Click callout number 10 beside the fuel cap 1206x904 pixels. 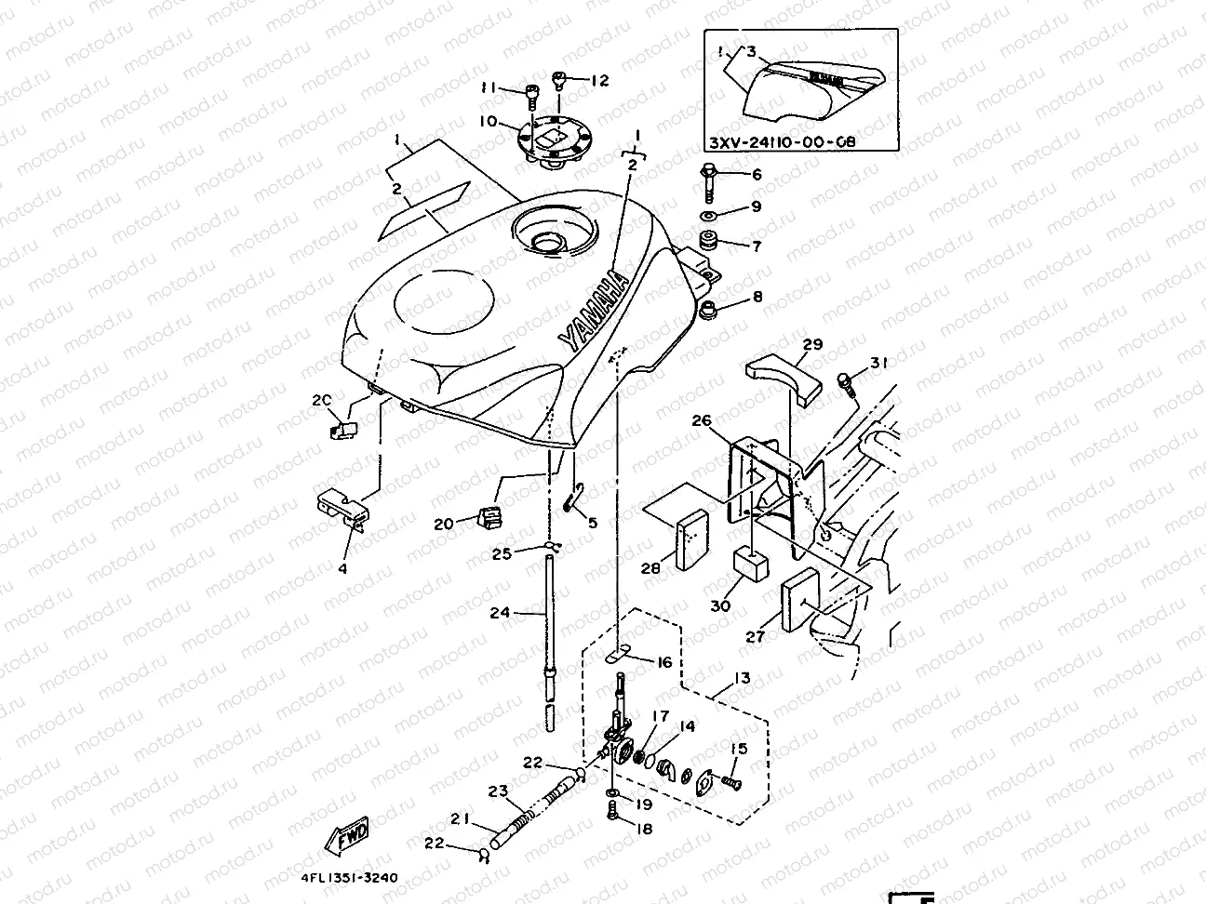tap(488, 122)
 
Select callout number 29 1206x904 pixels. tap(812, 344)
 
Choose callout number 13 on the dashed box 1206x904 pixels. tap(741, 680)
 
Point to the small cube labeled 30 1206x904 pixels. tap(751, 562)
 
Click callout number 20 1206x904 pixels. tap(443, 524)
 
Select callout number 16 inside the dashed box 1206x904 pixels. tap(663, 662)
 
